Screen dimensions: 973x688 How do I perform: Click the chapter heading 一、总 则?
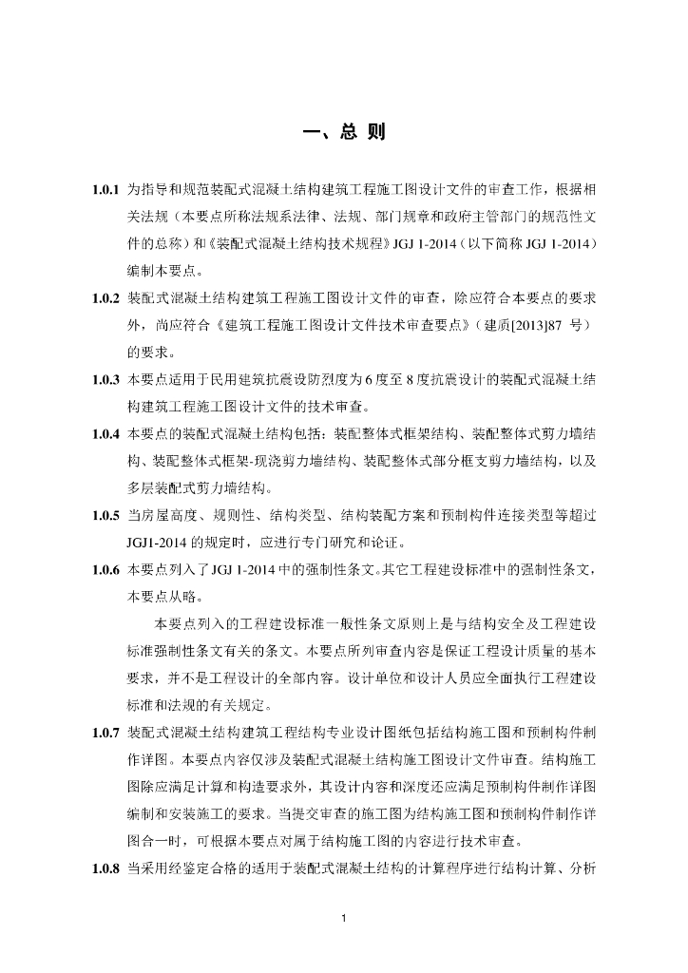(x=343, y=131)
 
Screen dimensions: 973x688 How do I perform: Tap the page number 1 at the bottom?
(x=344, y=918)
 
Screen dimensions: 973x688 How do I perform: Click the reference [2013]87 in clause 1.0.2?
(x=513, y=325)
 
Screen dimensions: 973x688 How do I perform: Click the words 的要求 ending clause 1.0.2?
(x=145, y=353)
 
